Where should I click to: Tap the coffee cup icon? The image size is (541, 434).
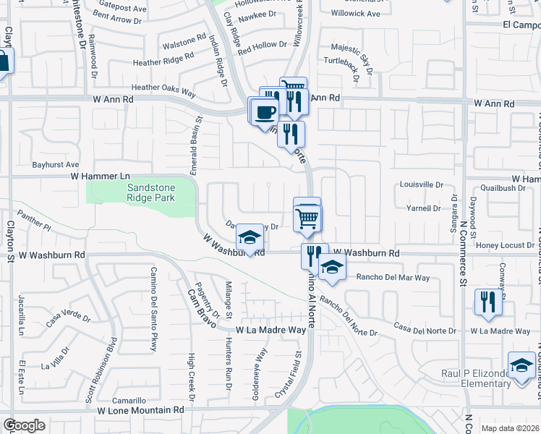point(265,111)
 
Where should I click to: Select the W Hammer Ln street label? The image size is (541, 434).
point(100,176)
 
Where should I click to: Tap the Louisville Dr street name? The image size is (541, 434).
point(421,184)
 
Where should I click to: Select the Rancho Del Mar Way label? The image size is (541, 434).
point(393,278)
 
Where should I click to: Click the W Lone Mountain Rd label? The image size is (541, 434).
point(141,409)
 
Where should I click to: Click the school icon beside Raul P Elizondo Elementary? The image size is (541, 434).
point(521,366)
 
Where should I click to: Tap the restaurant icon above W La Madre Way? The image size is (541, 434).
point(488,302)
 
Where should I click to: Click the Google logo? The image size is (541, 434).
point(24,425)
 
